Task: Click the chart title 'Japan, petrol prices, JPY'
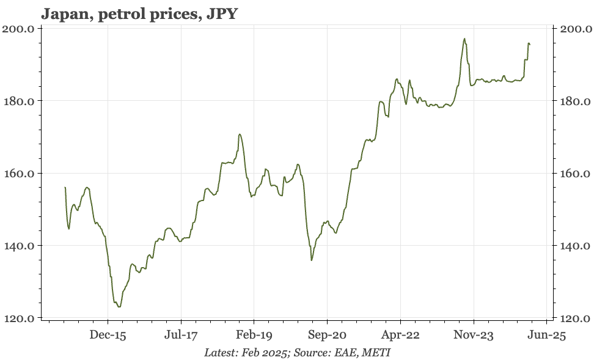pos(139,13)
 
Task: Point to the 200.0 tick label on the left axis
pos(18,29)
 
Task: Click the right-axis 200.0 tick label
pos(576,29)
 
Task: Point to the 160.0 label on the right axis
pos(576,174)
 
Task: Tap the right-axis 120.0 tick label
pos(576,318)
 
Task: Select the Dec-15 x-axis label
pos(108,335)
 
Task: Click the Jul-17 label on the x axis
pos(181,335)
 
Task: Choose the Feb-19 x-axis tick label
pos(254,335)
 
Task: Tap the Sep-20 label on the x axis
pos(327,335)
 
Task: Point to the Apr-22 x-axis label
pos(400,335)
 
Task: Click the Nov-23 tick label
pos(474,335)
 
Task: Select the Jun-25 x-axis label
pos(547,335)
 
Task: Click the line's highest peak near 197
pos(464,39)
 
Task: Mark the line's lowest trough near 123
pos(119,307)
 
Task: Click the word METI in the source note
pos(375,353)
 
